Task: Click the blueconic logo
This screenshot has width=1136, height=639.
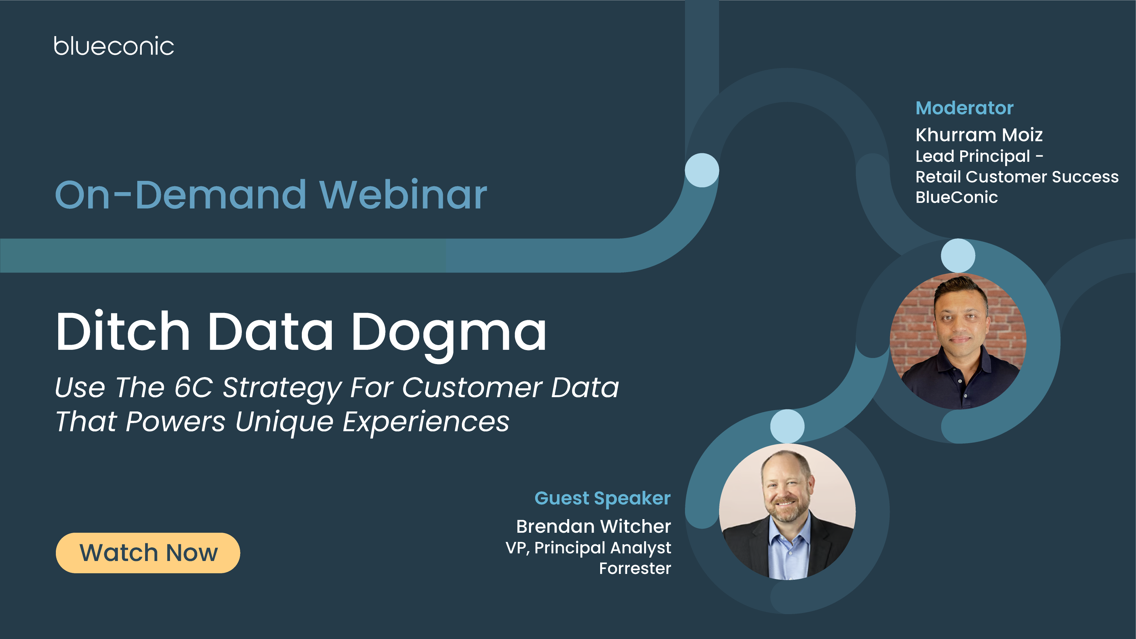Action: [x=114, y=46]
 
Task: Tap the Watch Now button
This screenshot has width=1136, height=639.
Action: [x=148, y=552]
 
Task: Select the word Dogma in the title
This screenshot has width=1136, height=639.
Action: [x=449, y=332]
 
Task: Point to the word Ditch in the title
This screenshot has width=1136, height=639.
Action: [x=123, y=332]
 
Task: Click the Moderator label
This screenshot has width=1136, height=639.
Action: [x=964, y=108]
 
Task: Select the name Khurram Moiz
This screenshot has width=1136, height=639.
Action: [x=979, y=135]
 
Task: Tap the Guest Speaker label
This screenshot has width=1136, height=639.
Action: [x=602, y=498]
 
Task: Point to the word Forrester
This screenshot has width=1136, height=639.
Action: [x=635, y=568]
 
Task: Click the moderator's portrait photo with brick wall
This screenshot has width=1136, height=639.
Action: [x=958, y=341]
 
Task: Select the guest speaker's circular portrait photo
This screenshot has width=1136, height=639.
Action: [x=787, y=512]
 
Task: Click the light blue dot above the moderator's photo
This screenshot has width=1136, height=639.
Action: [x=958, y=256]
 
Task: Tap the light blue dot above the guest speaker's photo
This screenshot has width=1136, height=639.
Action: [x=787, y=426]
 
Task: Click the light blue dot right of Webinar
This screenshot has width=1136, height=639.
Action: [x=702, y=170]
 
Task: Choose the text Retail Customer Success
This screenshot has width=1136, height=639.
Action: [x=1017, y=176]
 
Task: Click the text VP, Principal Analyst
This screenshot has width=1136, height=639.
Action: [x=588, y=547]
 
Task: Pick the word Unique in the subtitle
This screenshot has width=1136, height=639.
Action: [x=284, y=422]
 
